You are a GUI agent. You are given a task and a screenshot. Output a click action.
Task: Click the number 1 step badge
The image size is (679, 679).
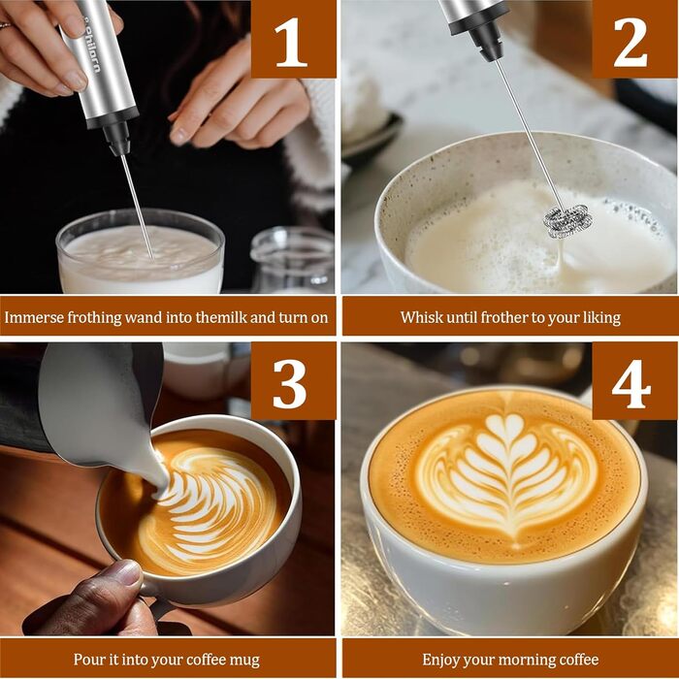(x=293, y=39)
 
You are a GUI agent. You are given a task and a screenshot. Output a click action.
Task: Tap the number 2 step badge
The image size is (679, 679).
(x=634, y=39)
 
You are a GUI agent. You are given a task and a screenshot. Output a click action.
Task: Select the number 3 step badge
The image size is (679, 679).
(x=293, y=381)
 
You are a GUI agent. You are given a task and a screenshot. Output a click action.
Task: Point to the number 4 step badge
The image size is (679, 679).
(x=634, y=381)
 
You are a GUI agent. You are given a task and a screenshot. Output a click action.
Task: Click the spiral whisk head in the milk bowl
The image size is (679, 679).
(x=567, y=220)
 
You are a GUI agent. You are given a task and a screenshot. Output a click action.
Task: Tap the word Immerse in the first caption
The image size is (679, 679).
(x=35, y=317)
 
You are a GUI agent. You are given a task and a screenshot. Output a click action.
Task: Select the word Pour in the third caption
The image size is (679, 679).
(x=87, y=659)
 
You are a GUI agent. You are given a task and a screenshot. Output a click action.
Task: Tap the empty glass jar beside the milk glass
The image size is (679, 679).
(x=293, y=260)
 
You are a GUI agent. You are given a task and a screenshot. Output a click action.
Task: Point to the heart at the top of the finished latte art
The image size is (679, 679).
(x=509, y=425)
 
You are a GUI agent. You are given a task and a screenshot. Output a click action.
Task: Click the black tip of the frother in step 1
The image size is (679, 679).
(x=117, y=138)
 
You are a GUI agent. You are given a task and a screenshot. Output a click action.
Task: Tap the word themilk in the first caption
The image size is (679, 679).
(x=221, y=317)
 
